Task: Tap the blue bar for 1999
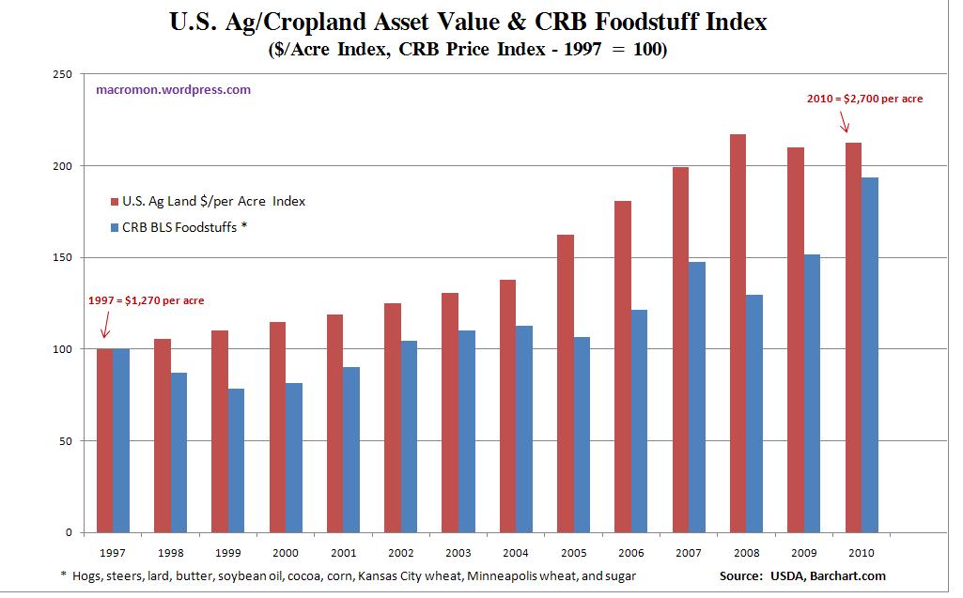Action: (x=236, y=460)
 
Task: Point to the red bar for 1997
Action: (x=105, y=440)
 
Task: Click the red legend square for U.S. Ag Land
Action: (x=115, y=201)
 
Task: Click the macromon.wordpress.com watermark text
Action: (x=173, y=90)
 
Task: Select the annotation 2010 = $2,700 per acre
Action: (x=865, y=98)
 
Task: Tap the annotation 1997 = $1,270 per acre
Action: (x=146, y=300)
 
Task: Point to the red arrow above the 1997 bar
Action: (x=105, y=326)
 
